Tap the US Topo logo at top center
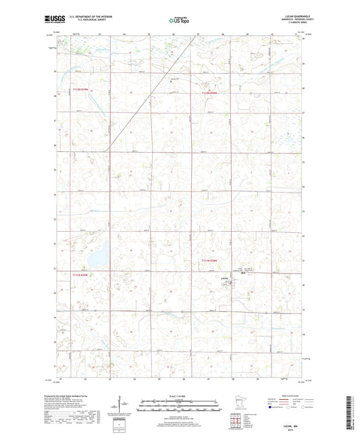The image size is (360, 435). click(x=179, y=20)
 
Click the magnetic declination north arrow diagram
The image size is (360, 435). click(x=122, y=405)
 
